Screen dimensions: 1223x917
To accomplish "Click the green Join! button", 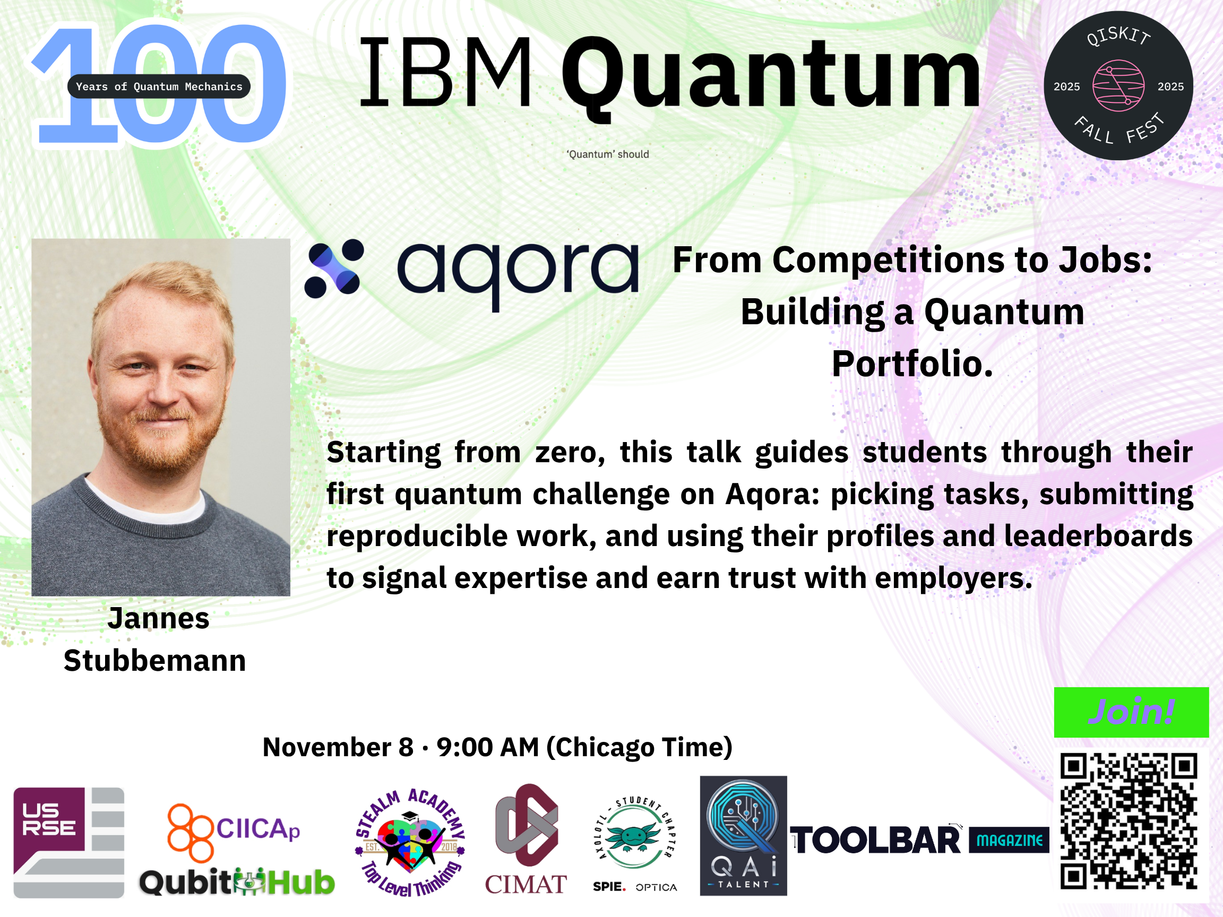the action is coord(1131,712).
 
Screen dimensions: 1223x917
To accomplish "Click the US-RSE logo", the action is coord(68,842).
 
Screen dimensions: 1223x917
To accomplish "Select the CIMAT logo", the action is coord(526,839).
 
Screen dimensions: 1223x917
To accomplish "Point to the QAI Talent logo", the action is coord(743,836).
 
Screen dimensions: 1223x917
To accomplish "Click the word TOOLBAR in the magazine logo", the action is coord(875,841).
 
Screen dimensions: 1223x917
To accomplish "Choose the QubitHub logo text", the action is coord(237,881).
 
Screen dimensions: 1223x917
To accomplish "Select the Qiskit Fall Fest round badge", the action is coord(1118,85).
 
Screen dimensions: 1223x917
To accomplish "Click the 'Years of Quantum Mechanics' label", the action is coord(159,86).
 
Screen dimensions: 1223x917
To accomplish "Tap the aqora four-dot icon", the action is coord(334,269).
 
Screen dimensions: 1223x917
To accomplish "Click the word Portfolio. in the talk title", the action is coord(912,364).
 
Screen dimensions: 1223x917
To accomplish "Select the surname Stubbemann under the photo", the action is coord(155,661).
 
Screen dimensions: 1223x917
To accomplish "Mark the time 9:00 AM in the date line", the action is coord(488,747).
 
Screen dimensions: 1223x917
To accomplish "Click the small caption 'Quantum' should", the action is coord(608,154).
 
